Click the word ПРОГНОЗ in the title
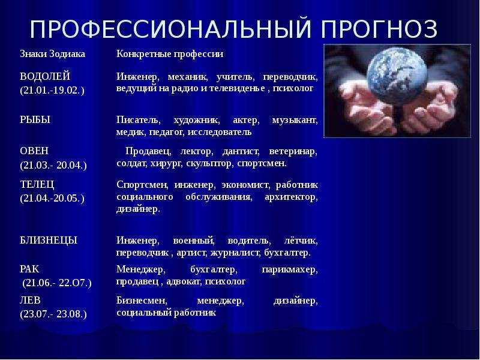(379, 29)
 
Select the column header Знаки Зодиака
(52, 54)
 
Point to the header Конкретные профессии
(170, 54)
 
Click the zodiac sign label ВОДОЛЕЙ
(45, 76)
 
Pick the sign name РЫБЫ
(35, 119)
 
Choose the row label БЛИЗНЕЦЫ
(49, 241)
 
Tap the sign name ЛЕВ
(30, 301)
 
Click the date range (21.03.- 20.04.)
(53, 166)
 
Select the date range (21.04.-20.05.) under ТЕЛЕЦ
(52, 199)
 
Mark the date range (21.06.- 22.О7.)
(57, 283)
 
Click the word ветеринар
(293, 152)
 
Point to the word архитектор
(291, 197)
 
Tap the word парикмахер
(290, 269)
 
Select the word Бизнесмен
(142, 301)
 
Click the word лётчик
(301, 241)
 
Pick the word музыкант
(295, 121)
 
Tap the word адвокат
(184, 281)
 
